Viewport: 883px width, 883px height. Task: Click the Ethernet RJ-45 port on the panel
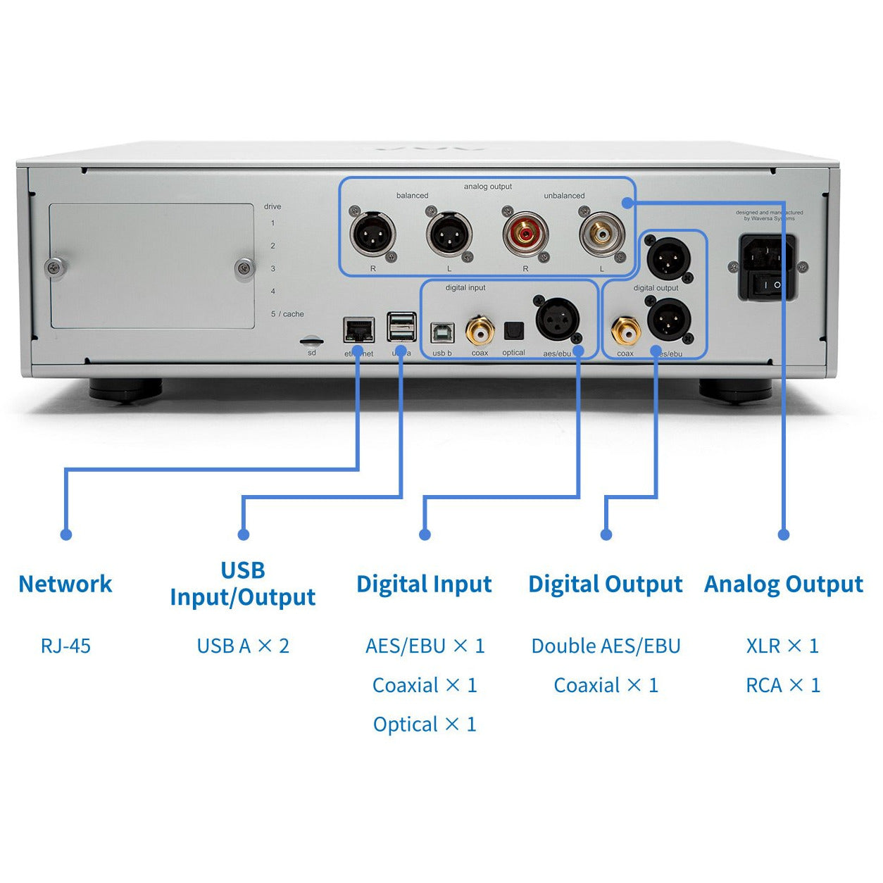tap(358, 330)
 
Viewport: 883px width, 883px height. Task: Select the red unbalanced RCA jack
tap(525, 232)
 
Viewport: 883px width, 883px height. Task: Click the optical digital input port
tap(514, 331)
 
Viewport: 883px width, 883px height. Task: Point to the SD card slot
tap(312, 341)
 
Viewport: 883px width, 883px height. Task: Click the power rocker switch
tap(768, 284)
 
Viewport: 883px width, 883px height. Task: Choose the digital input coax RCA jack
tap(480, 329)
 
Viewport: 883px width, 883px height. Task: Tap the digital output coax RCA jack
tap(625, 330)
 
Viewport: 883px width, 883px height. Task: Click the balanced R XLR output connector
tap(372, 234)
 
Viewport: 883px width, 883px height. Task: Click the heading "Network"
tap(65, 584)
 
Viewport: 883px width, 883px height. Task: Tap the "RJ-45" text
tap(65, 646)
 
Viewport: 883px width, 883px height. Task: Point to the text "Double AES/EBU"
tap(606, 646)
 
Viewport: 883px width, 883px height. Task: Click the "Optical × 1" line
tap(425, 724)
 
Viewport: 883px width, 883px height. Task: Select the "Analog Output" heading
tap(783, 584)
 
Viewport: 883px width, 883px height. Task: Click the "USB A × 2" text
tap(243, 646)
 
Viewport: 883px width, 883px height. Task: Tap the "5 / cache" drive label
tap(287, 314)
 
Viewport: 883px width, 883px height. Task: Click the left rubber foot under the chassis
tap(125, 389)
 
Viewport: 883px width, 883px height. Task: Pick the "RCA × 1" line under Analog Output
tap(783, 685)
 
